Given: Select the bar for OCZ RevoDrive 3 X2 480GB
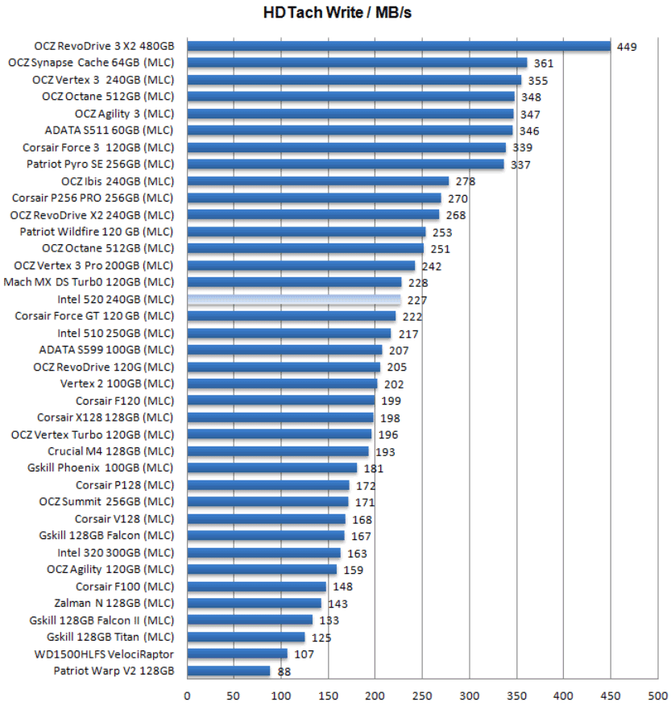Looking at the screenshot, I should tap(399, 46).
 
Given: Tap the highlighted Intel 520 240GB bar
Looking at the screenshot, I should tap(294, 299).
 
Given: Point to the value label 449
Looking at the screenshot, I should tap(627, 47).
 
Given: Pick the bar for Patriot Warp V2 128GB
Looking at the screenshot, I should tap(229, 671).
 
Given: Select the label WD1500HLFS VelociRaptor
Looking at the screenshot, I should tap(104, 654).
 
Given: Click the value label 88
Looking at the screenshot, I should tap(284, 671).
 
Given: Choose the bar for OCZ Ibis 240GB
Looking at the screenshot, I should tap(318, 181).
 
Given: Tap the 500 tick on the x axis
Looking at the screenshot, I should tap(657, 695).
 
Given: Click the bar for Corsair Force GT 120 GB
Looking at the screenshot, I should tap(292, 316).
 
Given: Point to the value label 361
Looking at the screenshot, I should tap(544, 64).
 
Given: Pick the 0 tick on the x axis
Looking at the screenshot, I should tap(188, 695).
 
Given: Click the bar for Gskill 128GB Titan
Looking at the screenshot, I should tap(246, 637).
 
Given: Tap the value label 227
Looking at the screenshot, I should tap(417, 300).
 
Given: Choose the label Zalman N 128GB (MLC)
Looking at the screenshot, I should tap(114, 603).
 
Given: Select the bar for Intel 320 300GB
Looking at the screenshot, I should tap(264, 553).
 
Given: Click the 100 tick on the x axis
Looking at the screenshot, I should tap(281, 695).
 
